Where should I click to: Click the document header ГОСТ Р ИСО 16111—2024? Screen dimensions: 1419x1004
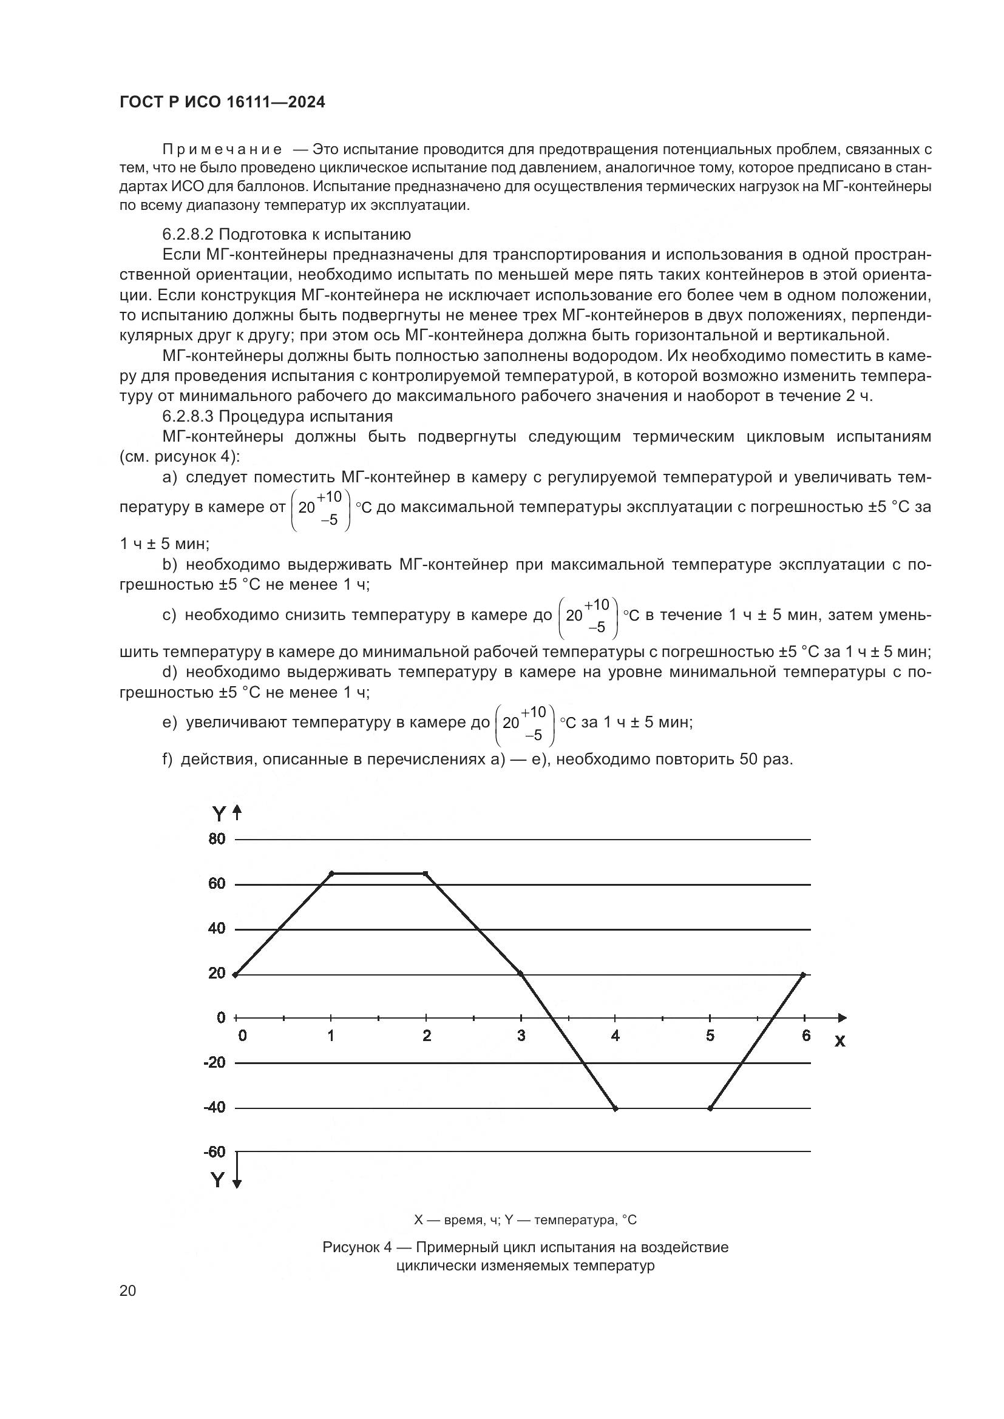pos(222,103)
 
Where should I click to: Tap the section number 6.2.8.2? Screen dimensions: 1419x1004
pos(188,234)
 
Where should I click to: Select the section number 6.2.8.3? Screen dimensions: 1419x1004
pos(188,416)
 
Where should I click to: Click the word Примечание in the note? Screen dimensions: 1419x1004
pos(222,150)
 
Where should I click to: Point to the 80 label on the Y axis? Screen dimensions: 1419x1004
pos(217,839)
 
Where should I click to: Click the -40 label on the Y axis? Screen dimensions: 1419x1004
pos(214,1108)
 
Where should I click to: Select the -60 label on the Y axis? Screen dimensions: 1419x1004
pos(214,1152)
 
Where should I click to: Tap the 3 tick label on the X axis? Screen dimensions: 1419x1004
pos(521,1036)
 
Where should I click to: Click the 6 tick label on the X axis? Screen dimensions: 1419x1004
pos(806,1036)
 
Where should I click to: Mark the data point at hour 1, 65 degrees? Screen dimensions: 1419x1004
pos(331,873)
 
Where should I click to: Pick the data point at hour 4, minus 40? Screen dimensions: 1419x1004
pos(615,1108)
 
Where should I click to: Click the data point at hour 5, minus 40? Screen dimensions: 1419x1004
pos(710,1108)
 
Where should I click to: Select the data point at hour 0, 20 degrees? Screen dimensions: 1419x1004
pos(235,975)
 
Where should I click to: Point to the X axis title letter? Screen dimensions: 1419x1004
pos(839,1042)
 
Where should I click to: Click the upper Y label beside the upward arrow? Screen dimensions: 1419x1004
pos(219,814)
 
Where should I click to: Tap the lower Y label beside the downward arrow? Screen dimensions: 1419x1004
pos(218,1181)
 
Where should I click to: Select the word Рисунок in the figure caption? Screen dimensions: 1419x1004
pos(350,1247)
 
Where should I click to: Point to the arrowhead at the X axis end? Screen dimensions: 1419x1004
pos(843,1018)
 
